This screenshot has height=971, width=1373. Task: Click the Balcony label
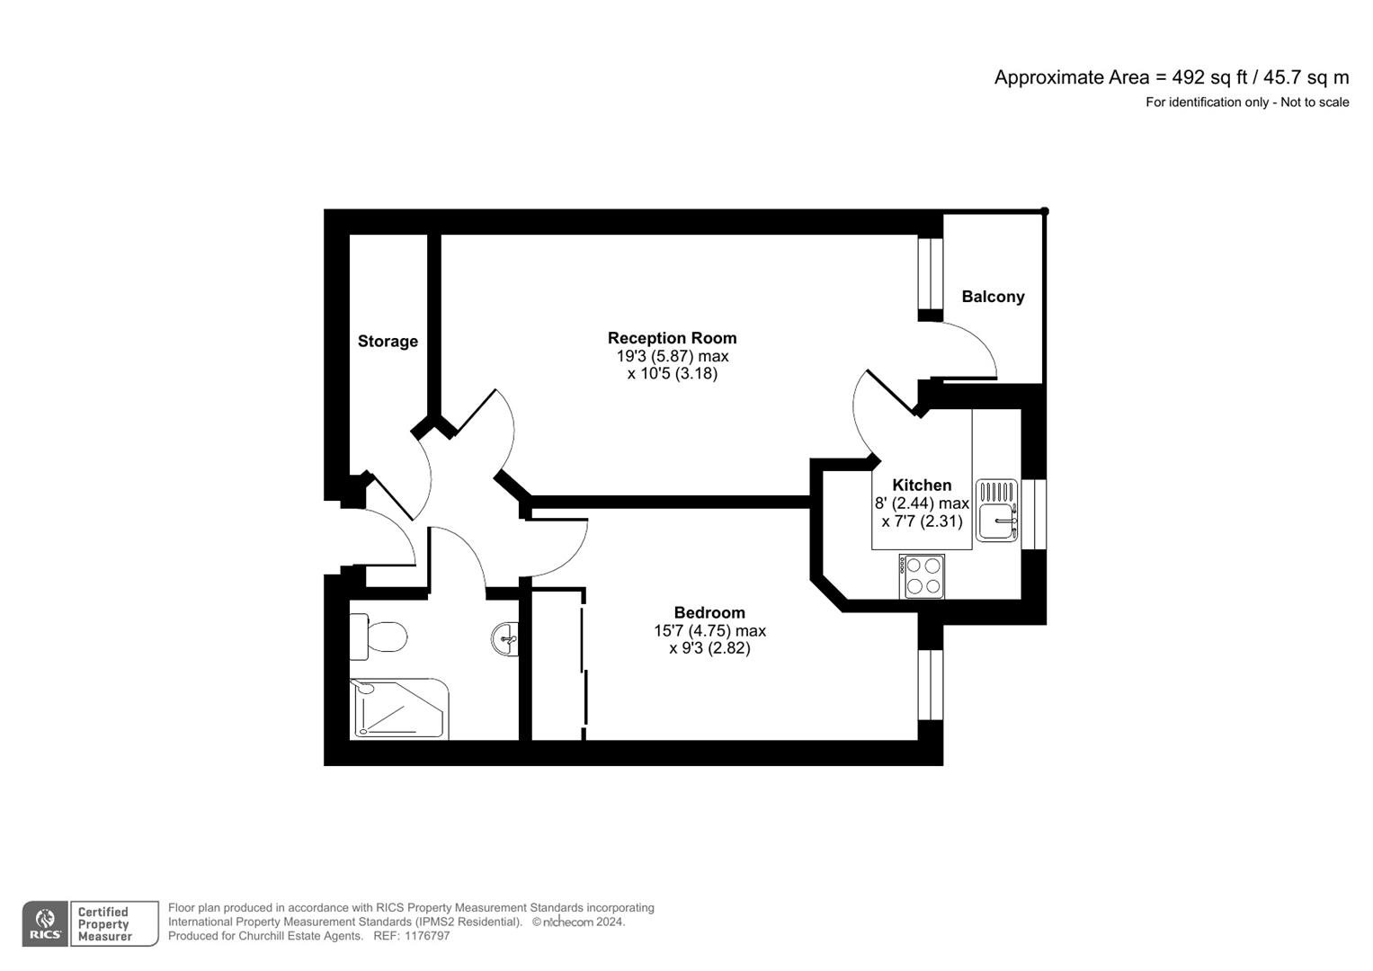(993, 297)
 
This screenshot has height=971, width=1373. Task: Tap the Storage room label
(388, 342)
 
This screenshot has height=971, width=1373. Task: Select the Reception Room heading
(672, 338)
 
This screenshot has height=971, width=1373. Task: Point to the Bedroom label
(709, 613)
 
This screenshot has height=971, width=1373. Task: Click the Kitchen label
(922, 485)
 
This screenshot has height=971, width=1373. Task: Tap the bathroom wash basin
(505, 639)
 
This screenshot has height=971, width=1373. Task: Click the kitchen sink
(997, 511)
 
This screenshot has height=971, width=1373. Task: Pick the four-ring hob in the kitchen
(922, 576)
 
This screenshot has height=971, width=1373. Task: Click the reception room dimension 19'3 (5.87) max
(672, 356)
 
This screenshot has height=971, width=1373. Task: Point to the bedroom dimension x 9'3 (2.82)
(709, 648)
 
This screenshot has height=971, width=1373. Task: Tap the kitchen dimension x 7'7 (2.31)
(922, 521)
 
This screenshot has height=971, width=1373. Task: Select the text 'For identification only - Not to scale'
(1247, 102)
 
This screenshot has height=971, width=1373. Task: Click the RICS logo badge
(45, 924)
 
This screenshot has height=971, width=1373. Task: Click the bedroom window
(931, 684)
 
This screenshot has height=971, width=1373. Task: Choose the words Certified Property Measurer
(104, 924)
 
